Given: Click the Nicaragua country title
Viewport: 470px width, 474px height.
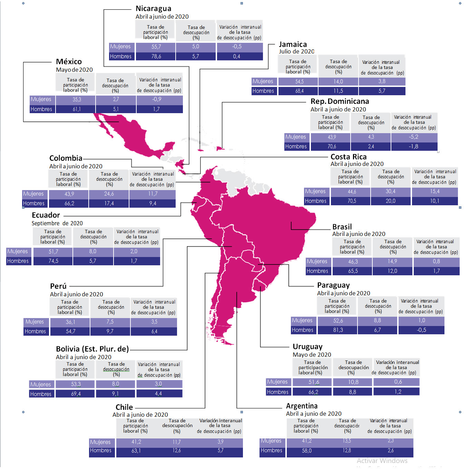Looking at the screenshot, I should pyautogui.click(x=153, y=9).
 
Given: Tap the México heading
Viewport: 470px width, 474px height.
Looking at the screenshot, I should pyautogui.click(x=69, y=62).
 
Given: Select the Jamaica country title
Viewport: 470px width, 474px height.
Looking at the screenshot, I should pyautogui.click(x=293, y=45).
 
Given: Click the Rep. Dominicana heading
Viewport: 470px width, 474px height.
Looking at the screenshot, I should pyautogui.click(x=340, y=101).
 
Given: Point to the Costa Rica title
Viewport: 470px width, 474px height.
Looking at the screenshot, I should pyautogui.click(x=349, y=157).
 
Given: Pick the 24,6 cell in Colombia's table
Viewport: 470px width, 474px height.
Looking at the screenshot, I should pyautogui.click(x=109, y=194).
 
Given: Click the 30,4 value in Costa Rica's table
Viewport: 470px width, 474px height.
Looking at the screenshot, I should pyautogui.click(x=391, y=191).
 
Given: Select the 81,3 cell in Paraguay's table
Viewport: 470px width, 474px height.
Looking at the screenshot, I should pyautogui.click(x=338, y=330).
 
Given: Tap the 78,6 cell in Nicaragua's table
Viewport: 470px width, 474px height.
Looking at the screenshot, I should pyautogui.click(x=156, y=57).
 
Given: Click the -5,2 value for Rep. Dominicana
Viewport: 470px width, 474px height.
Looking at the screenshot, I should pyautogui.click(x=414, y=137).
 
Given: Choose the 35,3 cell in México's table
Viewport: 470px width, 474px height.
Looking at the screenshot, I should pyautogui.click(x=77, y=100).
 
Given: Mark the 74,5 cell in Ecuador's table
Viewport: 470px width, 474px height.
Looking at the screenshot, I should pyautogui.click(x=53, y=261).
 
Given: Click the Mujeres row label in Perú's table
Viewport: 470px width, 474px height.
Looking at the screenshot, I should pyautogui.click(x=35, y=322).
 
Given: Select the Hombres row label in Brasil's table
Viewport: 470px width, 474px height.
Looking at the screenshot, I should pyautogui.click(x=317, y=271).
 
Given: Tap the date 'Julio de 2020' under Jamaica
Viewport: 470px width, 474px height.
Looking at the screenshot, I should pyautogui.click(x=296, y=52).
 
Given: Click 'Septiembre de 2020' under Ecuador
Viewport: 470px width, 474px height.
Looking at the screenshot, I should pyautogui.click(x=57, y=224).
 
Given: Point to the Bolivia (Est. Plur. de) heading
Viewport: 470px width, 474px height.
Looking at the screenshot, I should pyautogui.click(x=92, y=349).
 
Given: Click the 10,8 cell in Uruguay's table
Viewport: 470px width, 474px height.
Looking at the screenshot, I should pyautogui.click(x=353, y=382).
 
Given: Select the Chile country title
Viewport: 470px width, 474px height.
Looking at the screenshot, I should pyautogui.click(x=124, y=407).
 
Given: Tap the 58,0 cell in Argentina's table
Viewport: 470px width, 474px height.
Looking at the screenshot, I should pyautogui.click(x=306, y=451).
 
